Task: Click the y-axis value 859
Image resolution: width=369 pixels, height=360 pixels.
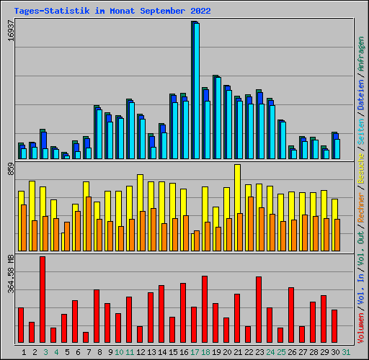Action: (10, 170)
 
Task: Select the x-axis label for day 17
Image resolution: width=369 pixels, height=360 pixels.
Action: (194, 352)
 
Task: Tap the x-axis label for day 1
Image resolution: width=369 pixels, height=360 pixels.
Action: (25, 352)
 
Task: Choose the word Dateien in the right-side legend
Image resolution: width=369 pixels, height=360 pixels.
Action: (361, 93)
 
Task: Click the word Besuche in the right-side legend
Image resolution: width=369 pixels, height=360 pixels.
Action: (361, 167)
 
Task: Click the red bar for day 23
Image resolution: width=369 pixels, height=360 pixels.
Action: (259, 310)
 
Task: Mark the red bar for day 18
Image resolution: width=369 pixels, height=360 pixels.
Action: (205, 310)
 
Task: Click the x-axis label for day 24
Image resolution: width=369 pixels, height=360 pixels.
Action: (270, 352)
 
